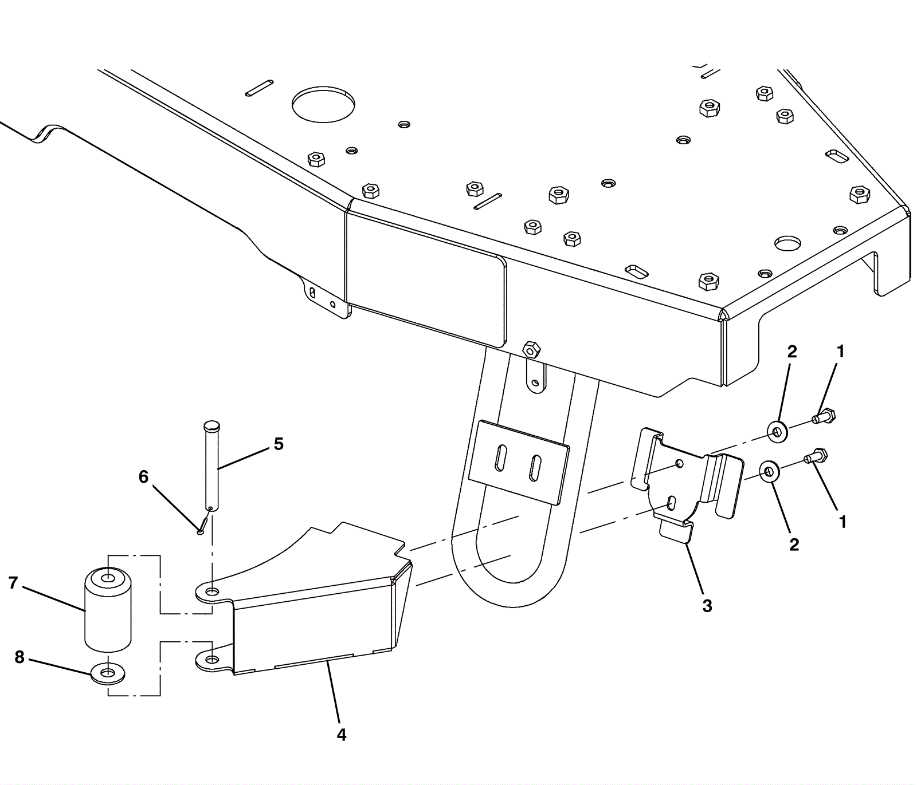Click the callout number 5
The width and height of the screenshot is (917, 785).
pyautogui.click(x=279, y=444)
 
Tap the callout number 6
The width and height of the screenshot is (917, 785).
pyautogui.click(x=143, y=476)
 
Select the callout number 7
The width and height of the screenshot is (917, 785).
pyautogui.click(x=13, y=583)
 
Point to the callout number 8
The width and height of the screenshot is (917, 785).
pyautogui.click(x=19, y=657)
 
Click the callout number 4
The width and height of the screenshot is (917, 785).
pyautogui.click(x=342, y=735)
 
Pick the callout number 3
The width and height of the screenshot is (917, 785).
pyautogui.click(x=707, y=605)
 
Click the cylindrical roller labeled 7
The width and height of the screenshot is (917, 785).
pyautogui.click(x=108, y=610)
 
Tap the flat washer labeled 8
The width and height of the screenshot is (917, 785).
pyautogui.click(x=108, y=673)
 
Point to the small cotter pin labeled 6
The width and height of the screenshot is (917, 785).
pyautogui.click(x=202, y=524)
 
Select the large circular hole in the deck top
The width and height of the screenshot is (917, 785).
pyautogui.click(x=323, y=105)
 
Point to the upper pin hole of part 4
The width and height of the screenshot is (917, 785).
pyautogui.click(x=213, y=591)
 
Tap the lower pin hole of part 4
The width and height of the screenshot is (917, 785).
pyautogui.click(x=211, y=660)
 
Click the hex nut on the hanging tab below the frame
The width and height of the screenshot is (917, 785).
pyautogui.click(x=531, y=349)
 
